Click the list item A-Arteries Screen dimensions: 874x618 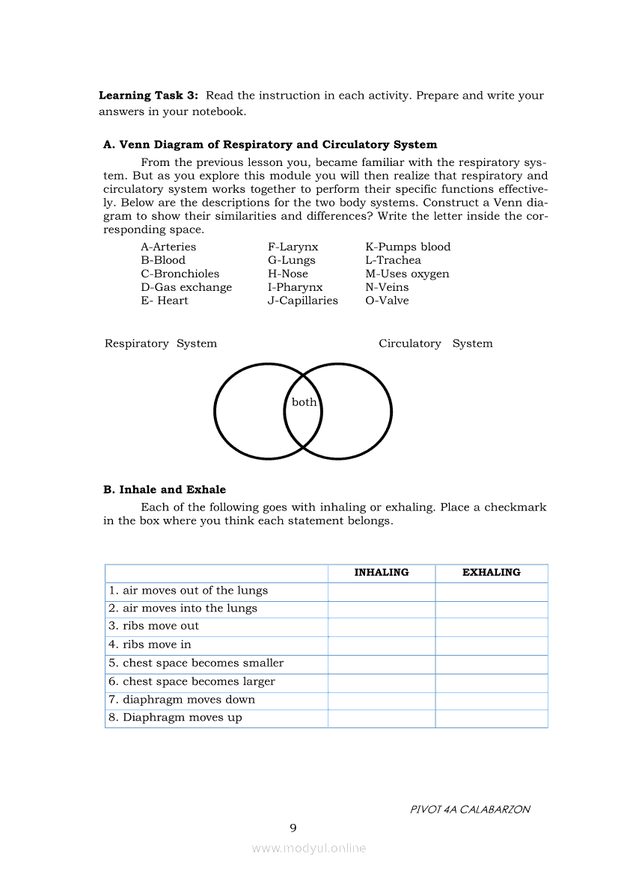click(168, 247)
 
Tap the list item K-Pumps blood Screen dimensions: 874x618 click(408, 247)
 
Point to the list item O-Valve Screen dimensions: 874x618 click(387, 301)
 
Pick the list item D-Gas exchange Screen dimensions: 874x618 click(186, 287)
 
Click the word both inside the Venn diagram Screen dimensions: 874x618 click(304, 402)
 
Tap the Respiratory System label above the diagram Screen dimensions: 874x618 click(161, 344)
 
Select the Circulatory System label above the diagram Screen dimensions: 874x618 click(435, 344)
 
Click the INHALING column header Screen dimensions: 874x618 click(382, 573)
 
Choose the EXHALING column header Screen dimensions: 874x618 click(492, 573)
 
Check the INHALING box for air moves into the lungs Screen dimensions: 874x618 click(382, 609)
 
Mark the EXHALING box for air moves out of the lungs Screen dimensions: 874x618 click(492, 591)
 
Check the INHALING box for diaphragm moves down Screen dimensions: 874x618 click(382, 700)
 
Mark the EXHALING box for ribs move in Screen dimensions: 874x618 click(492, 644)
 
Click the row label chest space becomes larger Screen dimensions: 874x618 click(192, 682)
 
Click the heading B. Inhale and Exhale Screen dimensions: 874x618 click(165, 490)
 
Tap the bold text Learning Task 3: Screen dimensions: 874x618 click(148, 96)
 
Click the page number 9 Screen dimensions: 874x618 click(293, 828)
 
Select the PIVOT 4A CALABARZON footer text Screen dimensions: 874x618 click(470, 810)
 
